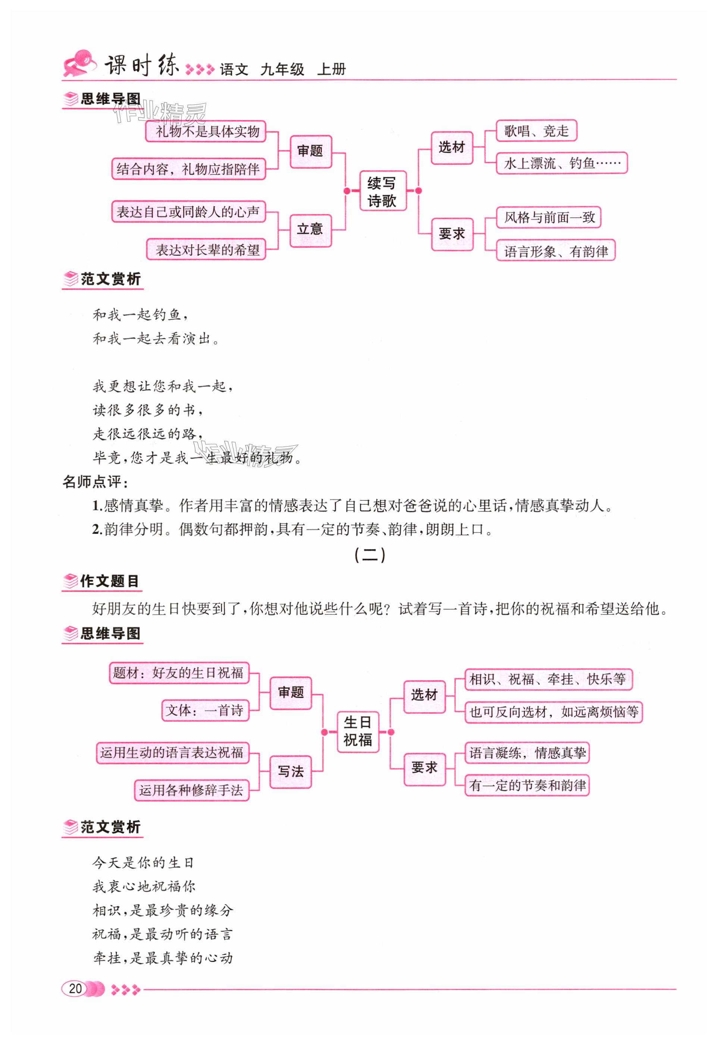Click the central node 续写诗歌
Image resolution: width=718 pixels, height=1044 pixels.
click(x=382, y=191)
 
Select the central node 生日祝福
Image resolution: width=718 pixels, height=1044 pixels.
click(x=358, y=732)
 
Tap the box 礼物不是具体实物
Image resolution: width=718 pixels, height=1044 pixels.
click(x=206, y=131)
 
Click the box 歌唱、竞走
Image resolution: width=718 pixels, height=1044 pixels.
click(x=536, y=131)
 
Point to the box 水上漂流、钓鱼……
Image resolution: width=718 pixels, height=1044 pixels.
click(x=561, y=163)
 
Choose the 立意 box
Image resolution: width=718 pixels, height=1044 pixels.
click(x=310, y=230)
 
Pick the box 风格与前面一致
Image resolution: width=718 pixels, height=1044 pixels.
click(x=548, y=218)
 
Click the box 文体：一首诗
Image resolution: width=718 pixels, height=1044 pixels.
click(x=205, y=710)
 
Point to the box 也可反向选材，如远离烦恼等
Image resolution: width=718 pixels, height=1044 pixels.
click(x=554, y=712)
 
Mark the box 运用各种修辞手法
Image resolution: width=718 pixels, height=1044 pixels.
click(x=192, y=790)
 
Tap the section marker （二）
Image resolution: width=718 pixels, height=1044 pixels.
click(x=369, y=555)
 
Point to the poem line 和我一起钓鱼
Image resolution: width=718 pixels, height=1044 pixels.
click(x=139, y=315)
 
